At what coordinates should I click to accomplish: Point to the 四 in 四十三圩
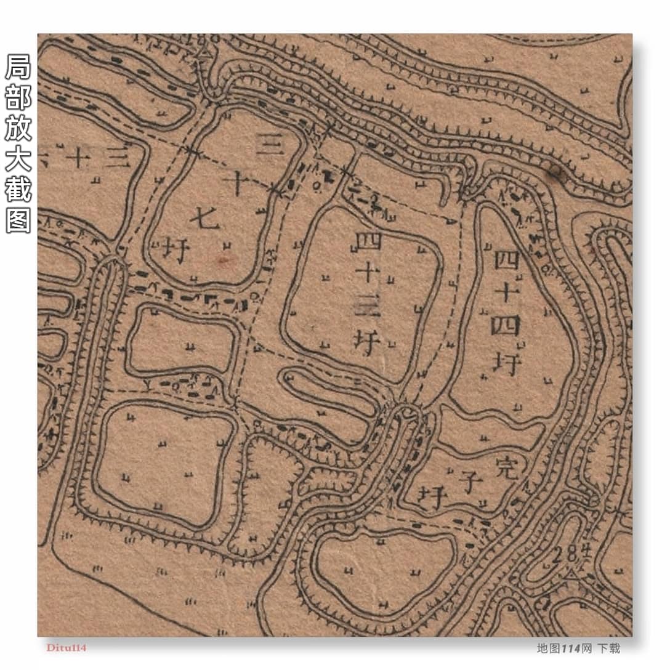[x=368, y=240]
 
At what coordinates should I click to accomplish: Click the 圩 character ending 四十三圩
[x=366, y=342]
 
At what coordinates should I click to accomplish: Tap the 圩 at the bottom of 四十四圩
[x=507, y=363]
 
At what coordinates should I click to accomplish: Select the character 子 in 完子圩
[x=470, y=481]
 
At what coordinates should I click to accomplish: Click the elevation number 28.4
[x=562, y=555]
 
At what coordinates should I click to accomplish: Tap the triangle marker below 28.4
[x=572, y=574]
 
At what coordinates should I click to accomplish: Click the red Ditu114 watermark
[x=66, y=648]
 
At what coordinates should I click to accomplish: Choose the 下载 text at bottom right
[x=608, y=648]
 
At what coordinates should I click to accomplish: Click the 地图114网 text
[x=564, y=648]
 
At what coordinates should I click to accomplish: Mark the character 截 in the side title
[x=18, y=187]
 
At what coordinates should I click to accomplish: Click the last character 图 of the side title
[x=18, y=219]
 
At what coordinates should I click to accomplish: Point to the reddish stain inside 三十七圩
[x=224, y=259]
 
